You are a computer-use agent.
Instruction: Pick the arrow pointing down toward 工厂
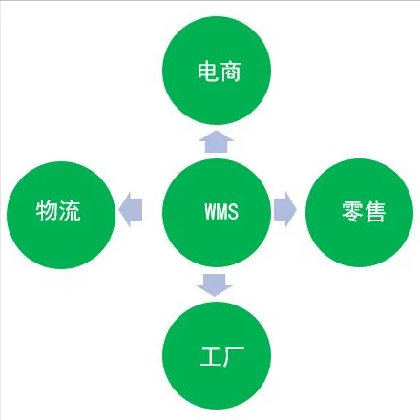(216, 283)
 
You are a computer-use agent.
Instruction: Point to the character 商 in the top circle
(230, 73)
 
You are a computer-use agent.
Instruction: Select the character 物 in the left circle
(47, 210)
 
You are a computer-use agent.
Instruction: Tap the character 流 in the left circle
(70, 210)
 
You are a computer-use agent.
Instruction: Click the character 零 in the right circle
(350, 212)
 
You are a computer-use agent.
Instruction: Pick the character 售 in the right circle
(373, 212)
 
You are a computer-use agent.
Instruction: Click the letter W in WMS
(209, 211)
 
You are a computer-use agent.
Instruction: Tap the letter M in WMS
(221, 211)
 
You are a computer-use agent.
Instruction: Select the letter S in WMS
(233, 211)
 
